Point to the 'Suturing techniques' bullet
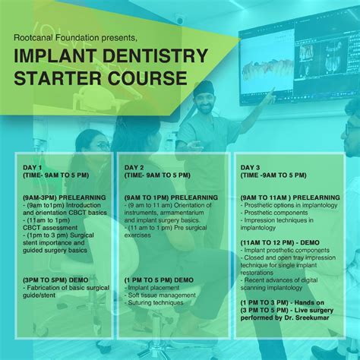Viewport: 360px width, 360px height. tap(161, 303)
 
